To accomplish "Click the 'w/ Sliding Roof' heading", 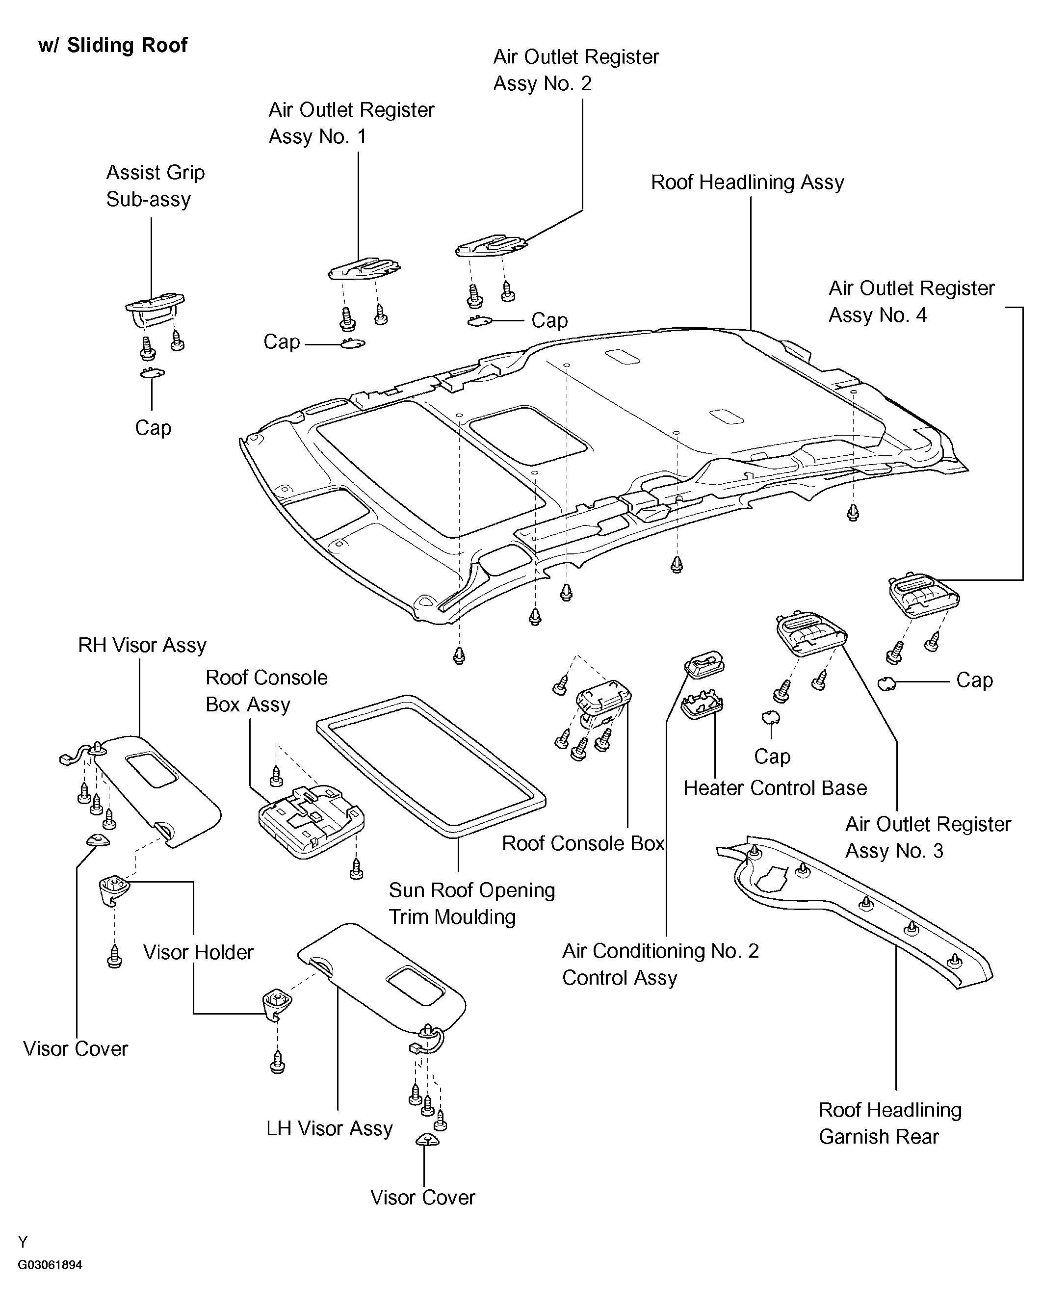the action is point(113,46).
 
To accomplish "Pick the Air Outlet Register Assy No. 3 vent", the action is point(812,634).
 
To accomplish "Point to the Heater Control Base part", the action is point(702,705).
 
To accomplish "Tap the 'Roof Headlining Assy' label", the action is point(748,183).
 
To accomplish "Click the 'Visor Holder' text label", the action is point(198,952).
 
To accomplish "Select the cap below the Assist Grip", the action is point(152,373).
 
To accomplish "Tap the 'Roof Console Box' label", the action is point(583,843).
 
